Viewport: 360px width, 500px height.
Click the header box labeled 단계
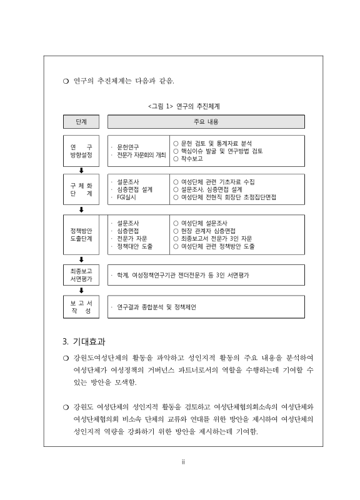[81, 121]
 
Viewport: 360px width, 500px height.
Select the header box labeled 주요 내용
[206, 121]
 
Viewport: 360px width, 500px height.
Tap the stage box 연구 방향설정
[81, 151]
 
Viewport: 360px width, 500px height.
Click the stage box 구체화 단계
[81, 189]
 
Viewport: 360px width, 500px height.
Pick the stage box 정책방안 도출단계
[81, 234]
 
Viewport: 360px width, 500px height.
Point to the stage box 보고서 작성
[81, 307]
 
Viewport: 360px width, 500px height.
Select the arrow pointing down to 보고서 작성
[81, 291]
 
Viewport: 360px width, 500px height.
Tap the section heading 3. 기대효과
[84, 342]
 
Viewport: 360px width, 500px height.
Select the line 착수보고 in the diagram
[194, 159]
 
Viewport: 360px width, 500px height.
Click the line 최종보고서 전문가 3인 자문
[221, 239]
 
